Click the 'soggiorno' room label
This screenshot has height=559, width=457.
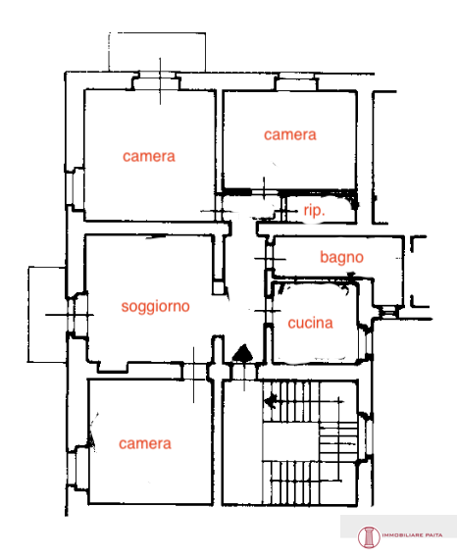155,307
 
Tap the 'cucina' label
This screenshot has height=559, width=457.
310,323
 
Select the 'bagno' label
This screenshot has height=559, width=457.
341,257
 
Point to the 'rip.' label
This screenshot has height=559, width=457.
315,210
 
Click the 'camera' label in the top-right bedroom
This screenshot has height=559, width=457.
290,134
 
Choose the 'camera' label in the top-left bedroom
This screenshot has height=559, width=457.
149,157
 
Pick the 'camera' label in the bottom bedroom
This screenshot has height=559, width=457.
145,444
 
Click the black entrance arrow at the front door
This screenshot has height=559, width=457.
243,353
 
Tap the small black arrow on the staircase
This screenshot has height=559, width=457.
272,401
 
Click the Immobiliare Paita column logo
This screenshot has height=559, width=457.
369,536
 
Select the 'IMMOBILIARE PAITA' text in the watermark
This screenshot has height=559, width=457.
413,535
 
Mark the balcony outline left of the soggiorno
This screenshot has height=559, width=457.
28,315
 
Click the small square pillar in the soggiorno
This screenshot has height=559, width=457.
218,288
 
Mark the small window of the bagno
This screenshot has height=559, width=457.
387,312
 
